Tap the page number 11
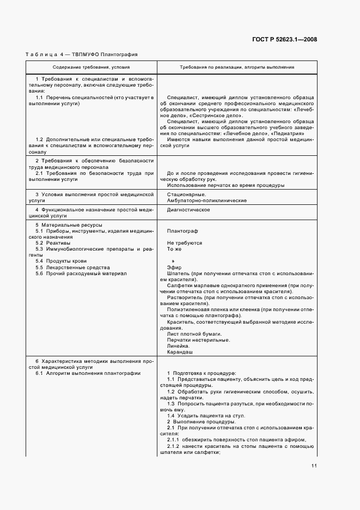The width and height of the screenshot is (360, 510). point(314,466)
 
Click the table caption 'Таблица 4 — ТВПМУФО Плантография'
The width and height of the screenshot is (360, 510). point(82,54)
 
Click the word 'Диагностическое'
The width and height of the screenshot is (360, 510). point(188,209)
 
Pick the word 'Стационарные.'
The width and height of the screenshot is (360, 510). point(186,195)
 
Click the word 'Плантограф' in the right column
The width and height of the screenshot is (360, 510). point(182,231)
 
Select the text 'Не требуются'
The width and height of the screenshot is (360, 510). point(185,243)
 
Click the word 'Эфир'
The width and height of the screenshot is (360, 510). point(174,268)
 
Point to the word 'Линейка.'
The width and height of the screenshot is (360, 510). point(179,346)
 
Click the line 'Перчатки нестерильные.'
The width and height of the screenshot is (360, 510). point(198,340)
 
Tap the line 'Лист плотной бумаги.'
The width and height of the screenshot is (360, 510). point(194,333)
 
